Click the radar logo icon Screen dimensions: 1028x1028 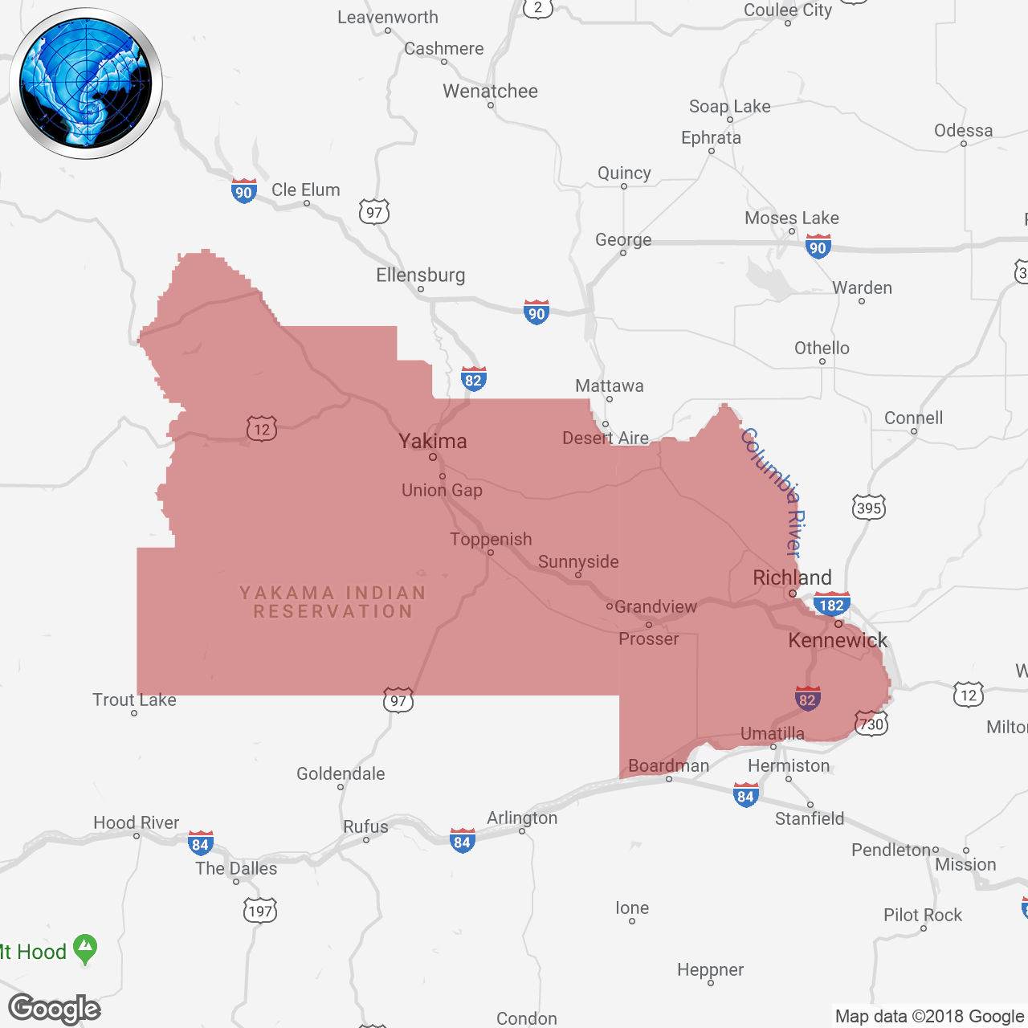(x=86, y=84)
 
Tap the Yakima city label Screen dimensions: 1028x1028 (x=433, y=441)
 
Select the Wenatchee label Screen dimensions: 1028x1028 (x=490, y=91)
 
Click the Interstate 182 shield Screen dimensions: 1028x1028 (x=831, y=605)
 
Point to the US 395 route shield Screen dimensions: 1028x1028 (x=869, y=508)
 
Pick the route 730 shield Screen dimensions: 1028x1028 (x=871, y=724)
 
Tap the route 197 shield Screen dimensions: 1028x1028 (x=260, y=911)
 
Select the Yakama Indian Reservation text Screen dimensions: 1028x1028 (x=332, y=602)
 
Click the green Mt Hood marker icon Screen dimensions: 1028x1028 (x=84, y=949)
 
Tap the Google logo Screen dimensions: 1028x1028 (x=55, y=1009)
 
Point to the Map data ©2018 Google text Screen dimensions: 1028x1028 (x=929, y=1017)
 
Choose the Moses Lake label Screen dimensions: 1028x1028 (x=791, y=218)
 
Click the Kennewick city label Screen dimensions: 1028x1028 (x=838, y=640)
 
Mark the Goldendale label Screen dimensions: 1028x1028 (x=341, y=773)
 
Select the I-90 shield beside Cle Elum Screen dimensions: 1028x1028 (x=243, y=192)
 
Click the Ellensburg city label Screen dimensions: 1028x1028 (x=420, y=275)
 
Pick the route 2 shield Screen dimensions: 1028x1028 (x=537, y=8)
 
